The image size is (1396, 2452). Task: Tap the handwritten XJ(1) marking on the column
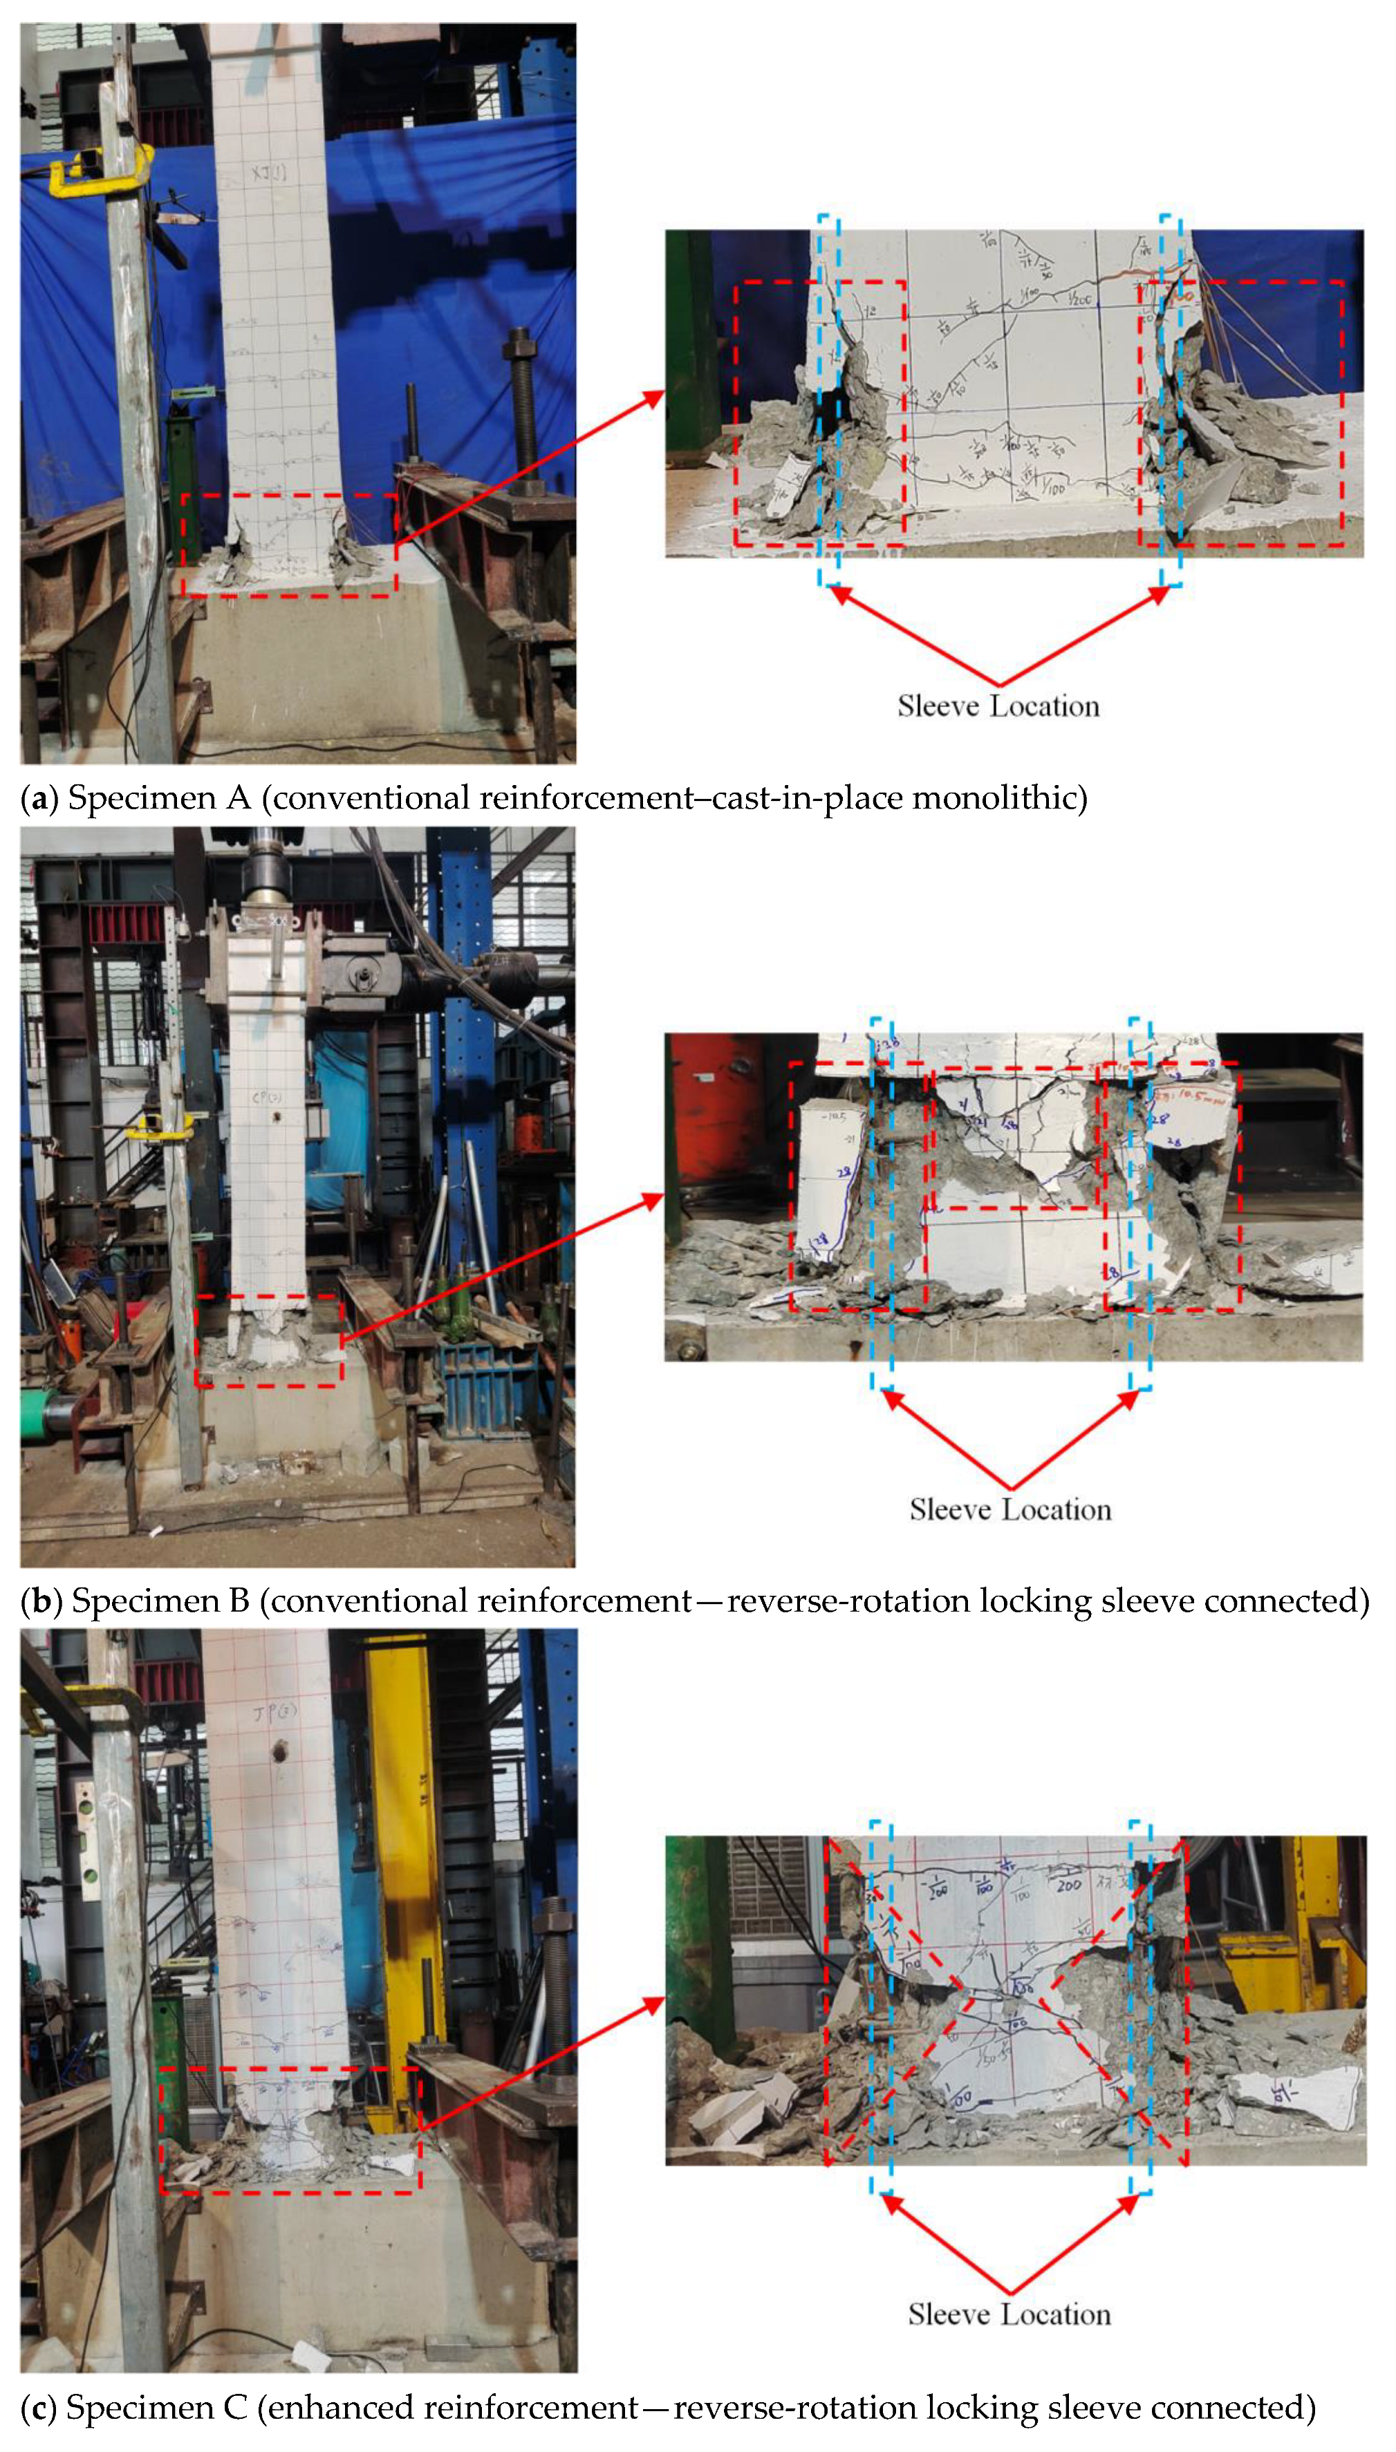click(x=268, y=174)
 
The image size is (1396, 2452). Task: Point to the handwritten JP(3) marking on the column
click(x=275, y=1713)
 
